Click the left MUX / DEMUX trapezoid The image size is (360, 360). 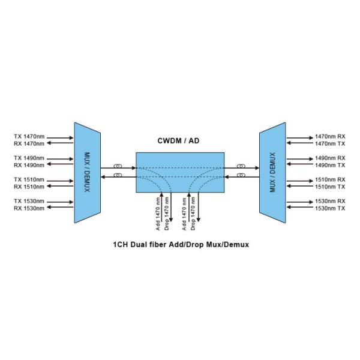pyautogui.click(x=86, y=173)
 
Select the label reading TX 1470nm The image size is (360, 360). pyautogui.click(x=29, y=137)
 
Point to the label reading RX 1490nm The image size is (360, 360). pyautogui.click(x=29, y=165)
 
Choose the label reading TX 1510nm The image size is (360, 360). pyautogui.click(x=29, y=179)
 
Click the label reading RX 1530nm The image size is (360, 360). pyautogui.click(x=29, y=208)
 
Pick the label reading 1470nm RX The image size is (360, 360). pyautogui.click(x=331, y=137)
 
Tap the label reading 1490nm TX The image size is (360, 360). pyautogui.click(x=331, y=165)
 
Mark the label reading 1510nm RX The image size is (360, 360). pyautogui.click(x=331, y=179)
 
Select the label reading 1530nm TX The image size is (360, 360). pyautogui.click(x=331, y=208)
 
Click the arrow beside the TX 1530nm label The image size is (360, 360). pyautogui.click(x=60, y=201)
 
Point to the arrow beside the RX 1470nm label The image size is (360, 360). pyautogui.click(x=60, y=144)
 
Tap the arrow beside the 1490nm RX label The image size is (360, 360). pyautogui.click(x=300, y=158)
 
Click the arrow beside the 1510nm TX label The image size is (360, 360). pyautogui.click(x=300, y=187)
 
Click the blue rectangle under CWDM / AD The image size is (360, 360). pyautogui.click(x=179, y=172)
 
